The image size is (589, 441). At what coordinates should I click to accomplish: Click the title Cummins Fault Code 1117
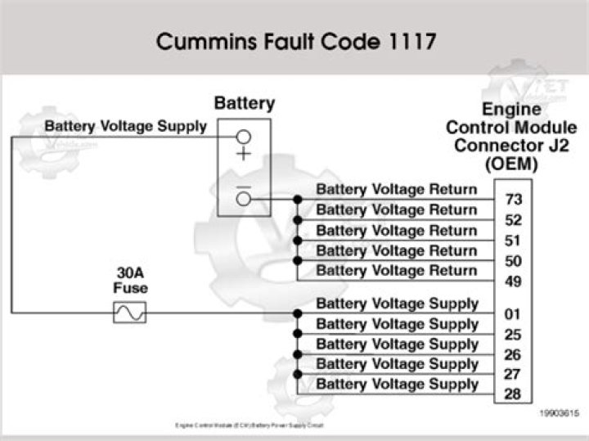pos(294,42)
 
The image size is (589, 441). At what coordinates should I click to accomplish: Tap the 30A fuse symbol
pos(129,313)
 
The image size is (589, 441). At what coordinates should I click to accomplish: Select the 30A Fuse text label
pos(129,281)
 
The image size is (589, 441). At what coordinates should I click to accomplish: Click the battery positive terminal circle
pos(243,137)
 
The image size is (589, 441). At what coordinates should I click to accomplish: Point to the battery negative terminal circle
pos(243,199)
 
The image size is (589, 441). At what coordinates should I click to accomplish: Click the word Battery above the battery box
pos(244,104)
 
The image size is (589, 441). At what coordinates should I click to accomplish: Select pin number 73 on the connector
pos(514,200)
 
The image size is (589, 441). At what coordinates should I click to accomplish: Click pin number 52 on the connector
pos(514,220)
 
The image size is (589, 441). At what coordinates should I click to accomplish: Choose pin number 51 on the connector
pos(514,241)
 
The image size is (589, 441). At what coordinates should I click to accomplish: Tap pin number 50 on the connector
pos(514,261)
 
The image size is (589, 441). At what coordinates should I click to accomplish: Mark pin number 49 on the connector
pos(514,281)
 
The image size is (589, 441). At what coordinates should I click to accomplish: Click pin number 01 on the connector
pos(513,314)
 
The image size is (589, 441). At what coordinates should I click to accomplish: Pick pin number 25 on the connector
pos(513,335)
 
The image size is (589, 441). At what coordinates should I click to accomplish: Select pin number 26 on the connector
pos(513,355)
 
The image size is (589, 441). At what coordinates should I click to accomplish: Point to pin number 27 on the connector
pos(513,375)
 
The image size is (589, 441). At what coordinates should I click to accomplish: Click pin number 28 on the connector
pos(513,395)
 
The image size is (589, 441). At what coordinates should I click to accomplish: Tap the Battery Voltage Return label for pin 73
pos(396,190)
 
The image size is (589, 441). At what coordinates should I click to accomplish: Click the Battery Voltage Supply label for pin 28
pos(397,384)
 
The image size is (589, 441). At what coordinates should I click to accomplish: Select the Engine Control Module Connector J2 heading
pos(510,136)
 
